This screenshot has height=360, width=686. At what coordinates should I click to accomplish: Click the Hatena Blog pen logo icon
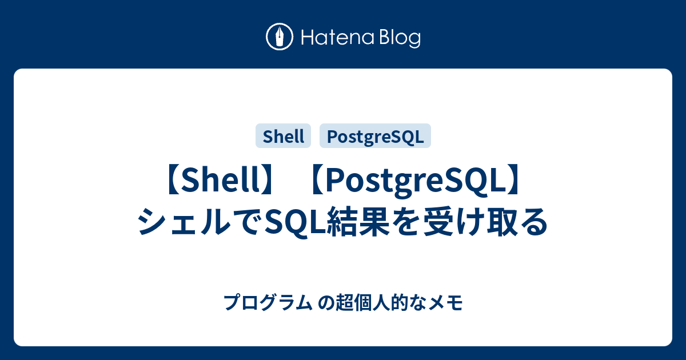pyautogui.click(x=280, y=38)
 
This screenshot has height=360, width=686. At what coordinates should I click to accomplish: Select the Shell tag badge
pyautogui.click(x=284, y=137)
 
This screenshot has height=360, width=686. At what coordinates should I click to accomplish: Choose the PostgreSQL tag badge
pyautogui.click(x=375, y=137)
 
